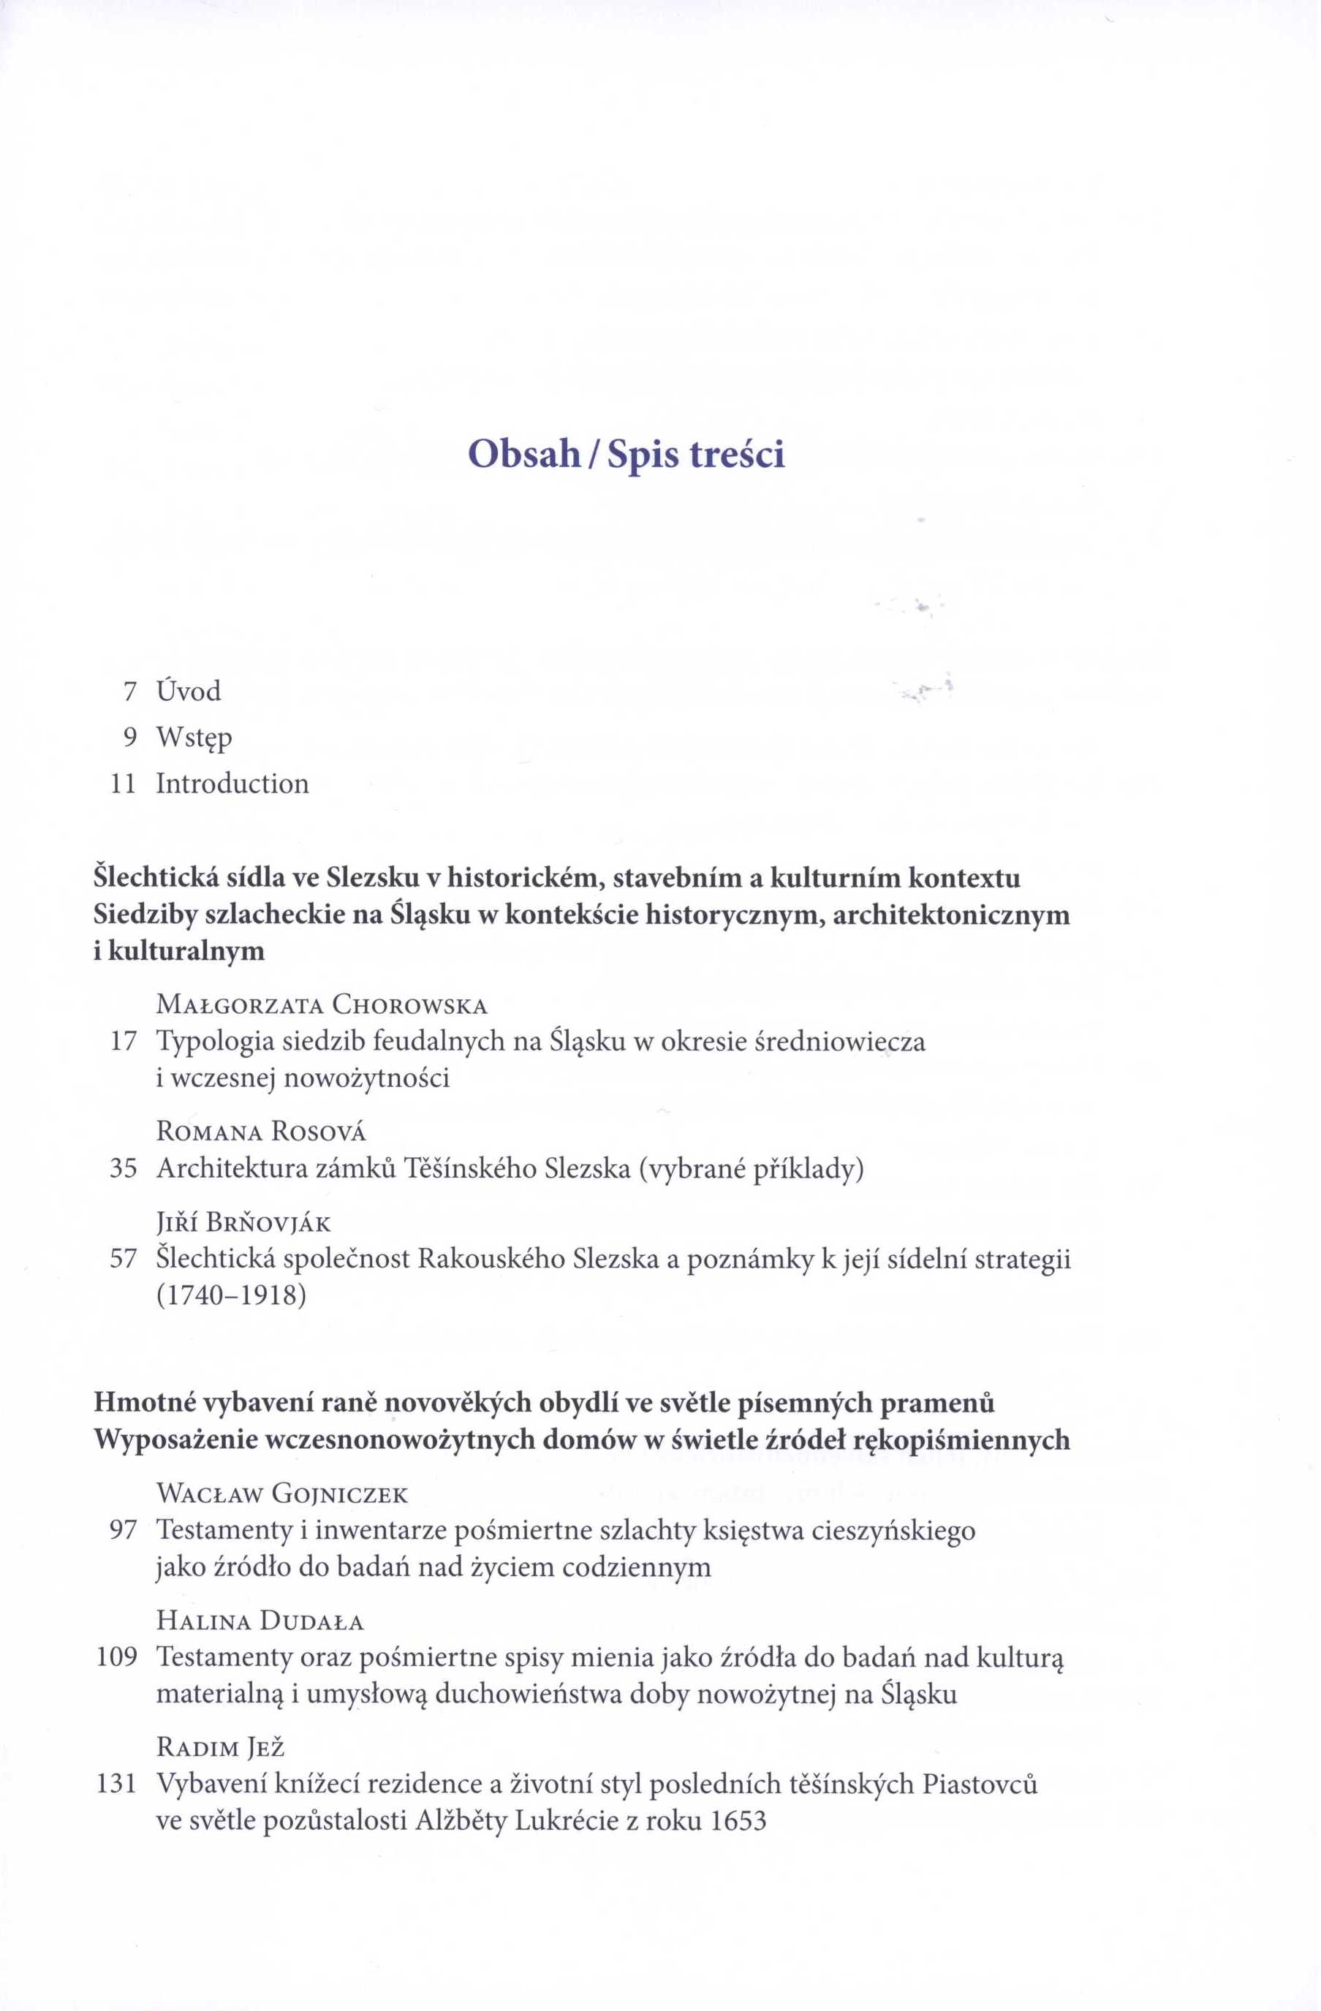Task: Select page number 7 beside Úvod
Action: [x=129, y=692]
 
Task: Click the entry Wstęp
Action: [x=194, y=738]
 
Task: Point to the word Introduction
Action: [x=232, y=784]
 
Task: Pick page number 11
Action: [x=124, y=784]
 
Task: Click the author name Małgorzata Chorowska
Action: [x=322, y=1006]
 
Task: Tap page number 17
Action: [x=124, y=1042]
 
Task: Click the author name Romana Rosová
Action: [x=261, y=1132]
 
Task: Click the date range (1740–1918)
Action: [x=231, y=1295]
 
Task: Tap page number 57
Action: [x=124, y=1259]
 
